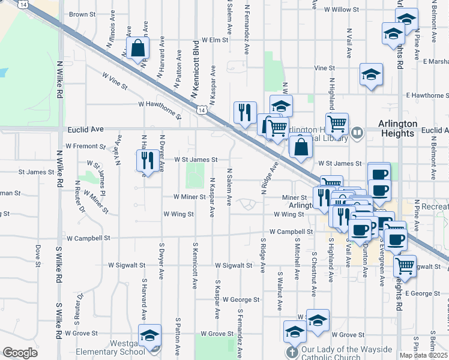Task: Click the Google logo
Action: (x=20, y=353)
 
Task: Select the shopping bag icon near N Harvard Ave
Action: (x=138, y=50)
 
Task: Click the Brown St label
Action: (x=82, y=14)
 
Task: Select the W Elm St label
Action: (x=215, y=40)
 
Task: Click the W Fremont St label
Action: (x=85, y=146)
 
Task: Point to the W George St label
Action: (x=241, y=299)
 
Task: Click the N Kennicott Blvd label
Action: (x=194, y=70)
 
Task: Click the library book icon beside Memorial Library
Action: (x=357, y=132)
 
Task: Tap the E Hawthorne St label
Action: (x=427, y=95)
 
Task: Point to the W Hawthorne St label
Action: (x=159, y=109)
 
